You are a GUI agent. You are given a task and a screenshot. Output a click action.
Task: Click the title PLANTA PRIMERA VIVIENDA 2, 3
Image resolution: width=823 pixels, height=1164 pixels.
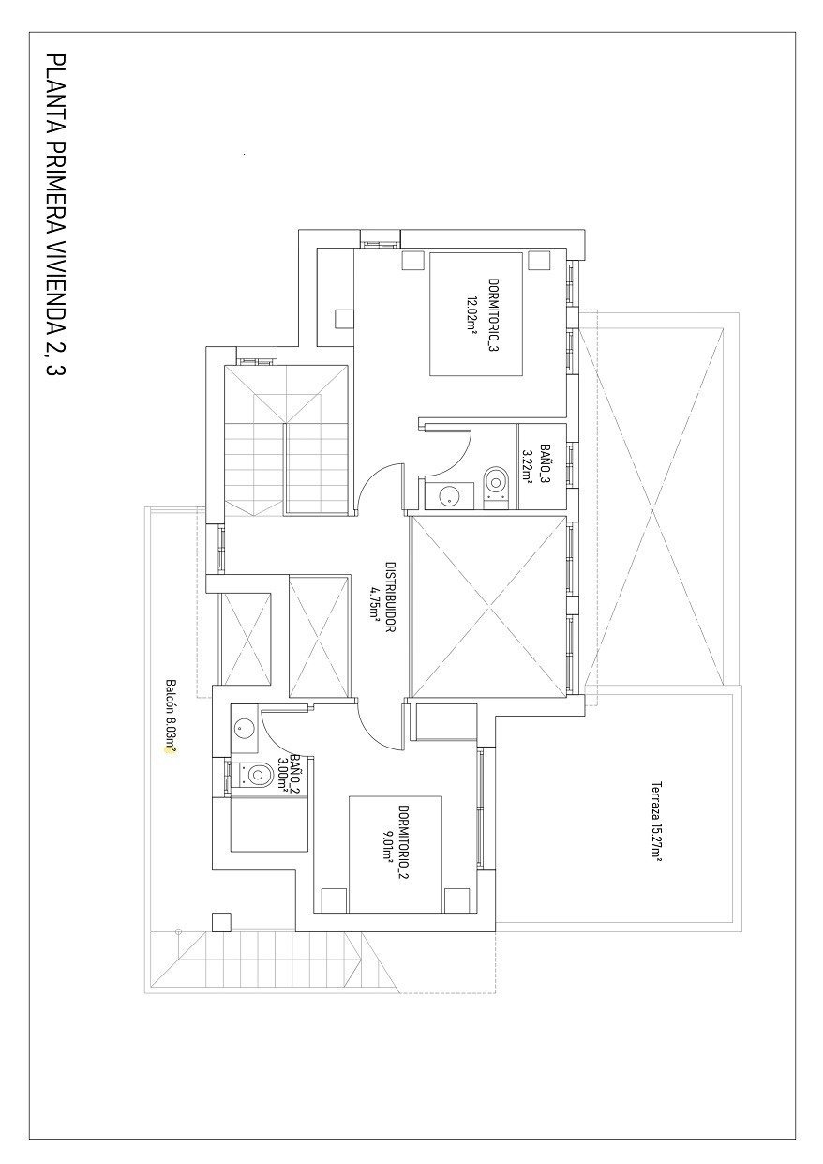click(54, 216)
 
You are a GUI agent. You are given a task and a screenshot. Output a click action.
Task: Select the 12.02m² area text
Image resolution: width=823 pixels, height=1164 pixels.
click(472, 315)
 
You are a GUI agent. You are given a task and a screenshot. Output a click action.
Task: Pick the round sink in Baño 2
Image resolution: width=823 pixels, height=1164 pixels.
click(245, 726)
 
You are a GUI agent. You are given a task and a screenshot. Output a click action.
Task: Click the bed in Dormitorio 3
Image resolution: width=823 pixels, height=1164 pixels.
click(475, 313)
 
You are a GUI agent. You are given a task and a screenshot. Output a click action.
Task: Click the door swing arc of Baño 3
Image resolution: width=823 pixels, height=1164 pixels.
click(451, 448)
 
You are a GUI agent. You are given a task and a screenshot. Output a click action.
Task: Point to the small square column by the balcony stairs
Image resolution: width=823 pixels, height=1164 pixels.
click(221, 921)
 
